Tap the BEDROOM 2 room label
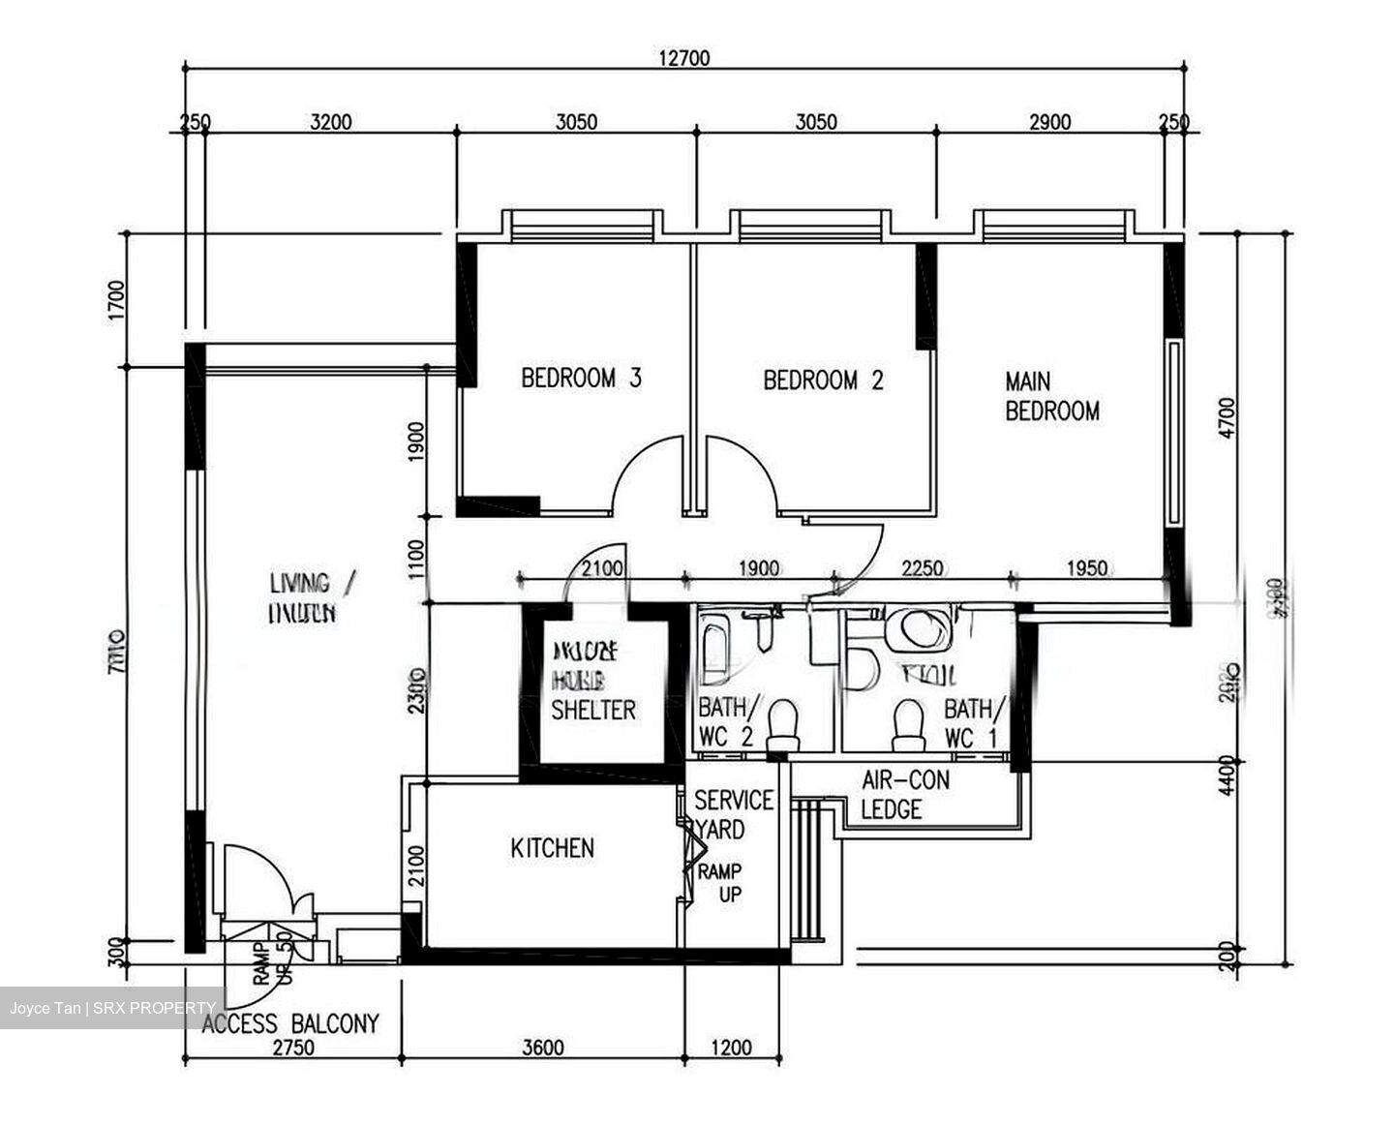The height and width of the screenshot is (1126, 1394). coord(823,380)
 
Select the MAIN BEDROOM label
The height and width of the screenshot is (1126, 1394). coord(1051,396)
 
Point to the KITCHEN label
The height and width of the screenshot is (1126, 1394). coord(552,848)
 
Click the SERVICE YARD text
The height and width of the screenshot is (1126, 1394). coord(733,814)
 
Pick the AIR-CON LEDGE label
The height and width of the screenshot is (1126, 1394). coord(905,794)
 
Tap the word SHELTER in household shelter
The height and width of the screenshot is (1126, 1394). coord(593,710)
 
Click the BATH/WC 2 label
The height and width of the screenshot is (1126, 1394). coord(729,721)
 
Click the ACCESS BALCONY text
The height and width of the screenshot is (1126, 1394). coord(290,1023)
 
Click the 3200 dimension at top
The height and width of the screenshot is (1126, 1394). coord(330,122)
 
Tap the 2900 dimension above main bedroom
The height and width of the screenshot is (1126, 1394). coord(1049,122)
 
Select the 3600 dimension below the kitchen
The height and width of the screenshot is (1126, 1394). coord(542,1048)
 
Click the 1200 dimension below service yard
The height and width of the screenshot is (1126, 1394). coord(731,1048)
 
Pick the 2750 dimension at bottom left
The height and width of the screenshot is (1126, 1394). coord(292,1048)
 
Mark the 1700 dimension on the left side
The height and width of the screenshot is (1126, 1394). coord(117,299)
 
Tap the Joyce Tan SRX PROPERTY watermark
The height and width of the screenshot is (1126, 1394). coord(112,1008)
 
